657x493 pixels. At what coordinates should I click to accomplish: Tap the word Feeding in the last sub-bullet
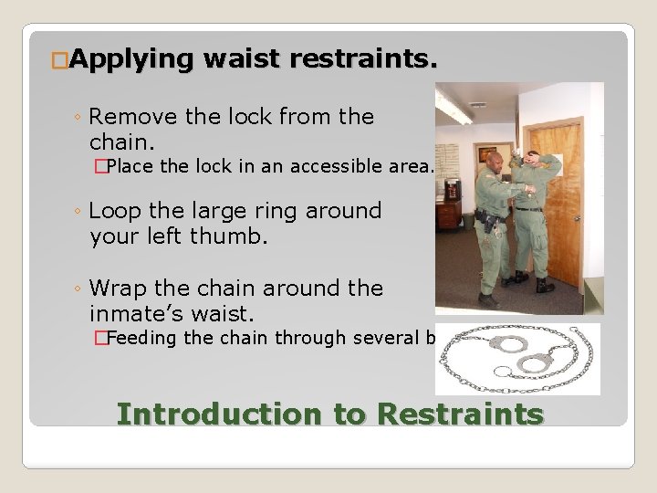pos(149,339)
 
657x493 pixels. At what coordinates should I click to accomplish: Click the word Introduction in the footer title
pos(218,414)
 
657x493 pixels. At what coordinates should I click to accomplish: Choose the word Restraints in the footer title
pos(460,414)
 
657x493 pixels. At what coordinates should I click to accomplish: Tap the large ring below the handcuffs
pos(502,374)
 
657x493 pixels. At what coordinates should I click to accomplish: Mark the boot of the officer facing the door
pos(544,286)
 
